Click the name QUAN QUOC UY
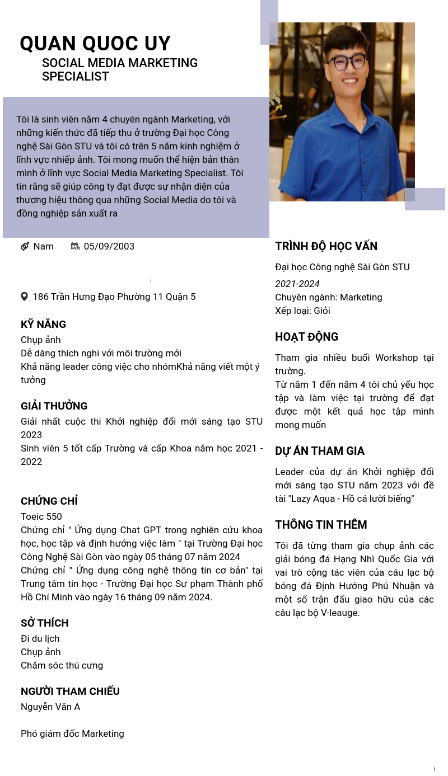(95, 44)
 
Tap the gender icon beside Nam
(25, 246)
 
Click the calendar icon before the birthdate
(75, 246)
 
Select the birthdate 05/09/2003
(109, 246)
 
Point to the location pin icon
(24, 297)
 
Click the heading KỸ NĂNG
(43, 324)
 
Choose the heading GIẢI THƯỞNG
(54, 406)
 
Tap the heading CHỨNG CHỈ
(49, 501)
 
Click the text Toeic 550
(41, 516)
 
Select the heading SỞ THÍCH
(44, 623)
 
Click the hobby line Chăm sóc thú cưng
(62, 665)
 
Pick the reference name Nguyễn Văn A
(50, 707)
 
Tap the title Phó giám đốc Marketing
(72, 733)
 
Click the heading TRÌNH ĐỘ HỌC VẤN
(326, 246)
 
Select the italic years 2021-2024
(297, 284)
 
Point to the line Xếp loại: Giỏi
(302, 311)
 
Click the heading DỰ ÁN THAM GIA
(319, 451)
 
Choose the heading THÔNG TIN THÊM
(321, 525)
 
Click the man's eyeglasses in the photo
(347, 62)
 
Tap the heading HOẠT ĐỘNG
(306, 337)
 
